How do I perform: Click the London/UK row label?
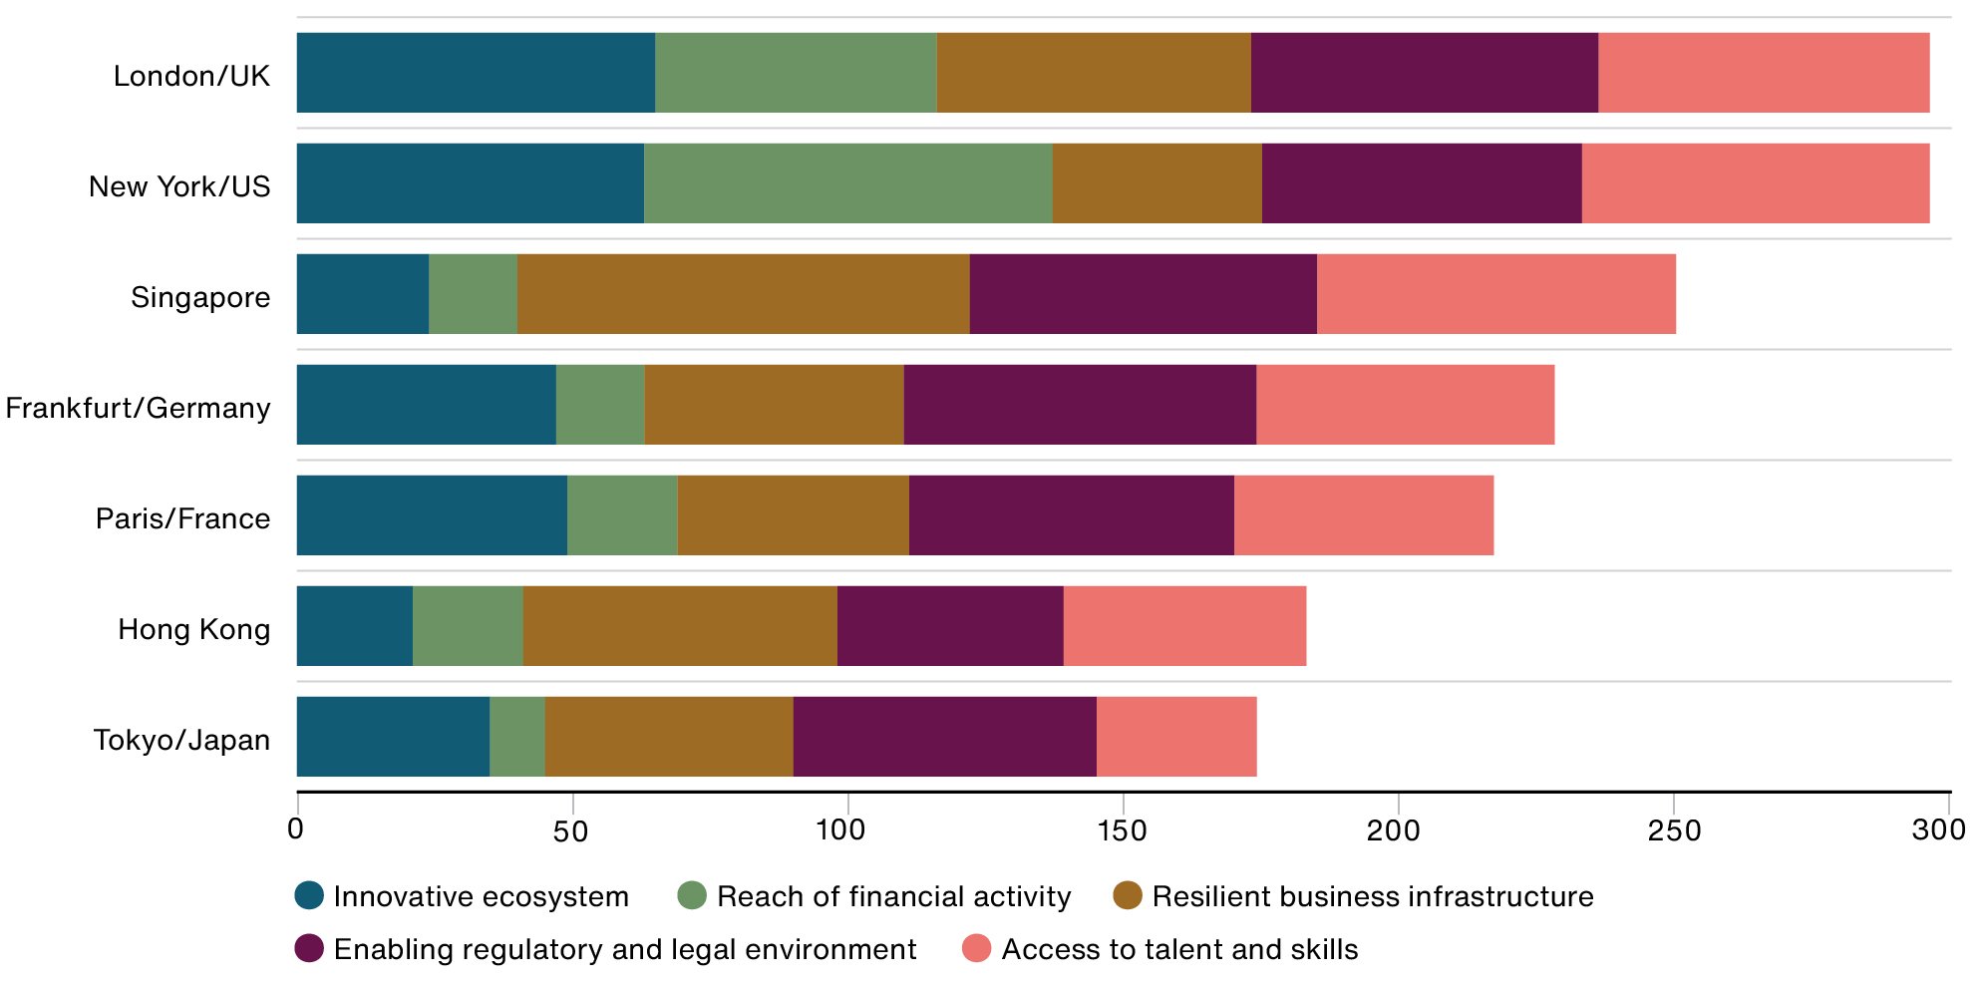(x=191, y=76)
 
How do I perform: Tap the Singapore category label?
(x=200, y=297)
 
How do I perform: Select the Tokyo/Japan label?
(x=181, y=740)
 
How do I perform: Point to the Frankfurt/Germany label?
(x=138, y=408)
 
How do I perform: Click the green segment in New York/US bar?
(x=847, y=183)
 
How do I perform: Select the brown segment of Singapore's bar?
(x=743, y=294)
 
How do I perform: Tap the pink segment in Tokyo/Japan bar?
(x=1176, y=737)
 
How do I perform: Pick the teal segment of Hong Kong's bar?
(x=354, y=626)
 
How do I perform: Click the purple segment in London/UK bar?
(x=1424, y=73)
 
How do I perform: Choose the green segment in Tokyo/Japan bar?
(x=517, y=737)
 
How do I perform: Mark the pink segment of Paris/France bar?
(x=1363, y=515)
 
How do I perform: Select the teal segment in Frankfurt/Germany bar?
(x=426, y=405)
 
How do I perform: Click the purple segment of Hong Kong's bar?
(x=950, y=626)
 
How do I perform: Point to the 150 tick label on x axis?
(x=1123, y=830)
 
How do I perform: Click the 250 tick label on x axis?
(x=1674, y=830)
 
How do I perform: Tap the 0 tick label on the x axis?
(x=295, y=828)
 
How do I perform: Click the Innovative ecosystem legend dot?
(x=310, y=895)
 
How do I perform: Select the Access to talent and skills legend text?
(x=1179, y=949)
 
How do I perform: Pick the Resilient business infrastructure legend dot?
(x=1128, y=895)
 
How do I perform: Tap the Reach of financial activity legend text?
(x=893, y=896)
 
